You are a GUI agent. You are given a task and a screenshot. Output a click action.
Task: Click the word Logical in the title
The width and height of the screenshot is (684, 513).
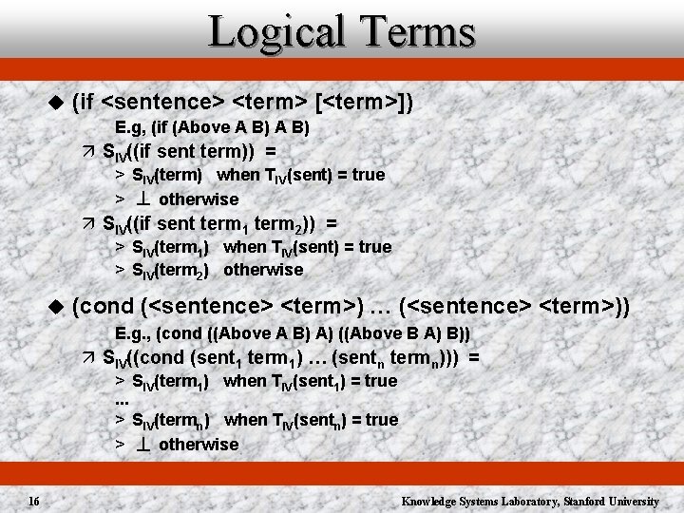[x=273, y=31]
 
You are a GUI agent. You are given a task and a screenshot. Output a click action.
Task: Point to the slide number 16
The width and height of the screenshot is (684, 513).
[x=33, y=501]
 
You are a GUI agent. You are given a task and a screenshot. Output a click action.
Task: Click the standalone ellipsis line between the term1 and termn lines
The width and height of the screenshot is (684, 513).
[x=122, y=400]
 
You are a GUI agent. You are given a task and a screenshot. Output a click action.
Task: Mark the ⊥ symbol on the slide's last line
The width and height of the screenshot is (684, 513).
[x=145, y=444]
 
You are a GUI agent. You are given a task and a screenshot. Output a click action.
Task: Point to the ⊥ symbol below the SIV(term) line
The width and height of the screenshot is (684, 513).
[x=145, y=199]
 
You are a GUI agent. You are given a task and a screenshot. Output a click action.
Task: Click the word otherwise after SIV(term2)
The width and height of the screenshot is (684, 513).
[x=263, y=270]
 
